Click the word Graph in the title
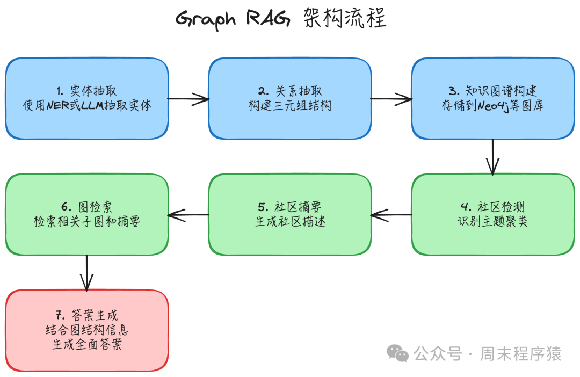click(x=205, y=19)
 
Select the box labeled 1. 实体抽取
click(x=86, y=98)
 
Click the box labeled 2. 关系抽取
click(x=289, y=98)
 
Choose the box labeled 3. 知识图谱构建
click(x=492, y=98)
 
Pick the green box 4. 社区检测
click(x=492, y=214)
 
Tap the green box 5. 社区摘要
click(x=289, y=214)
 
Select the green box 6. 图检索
click(x=86, y=214)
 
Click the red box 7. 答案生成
click(x=86, y=330)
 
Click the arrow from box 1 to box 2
click(x=188, y=99)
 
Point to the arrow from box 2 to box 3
click(x=391, y=99)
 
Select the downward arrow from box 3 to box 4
click(x=492, y=156)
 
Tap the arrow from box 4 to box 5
click(x=391, y=215)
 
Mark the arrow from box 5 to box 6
click(x=188, y=215)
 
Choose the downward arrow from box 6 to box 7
click(x=86, y=272)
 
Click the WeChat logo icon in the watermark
click(x=398, y=353)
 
